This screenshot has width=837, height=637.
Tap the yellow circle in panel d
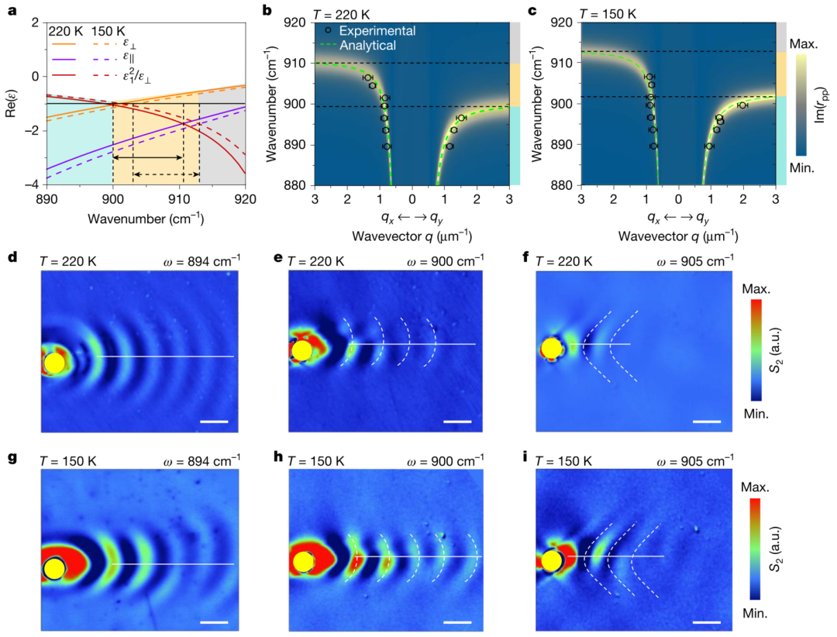point(54,363)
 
